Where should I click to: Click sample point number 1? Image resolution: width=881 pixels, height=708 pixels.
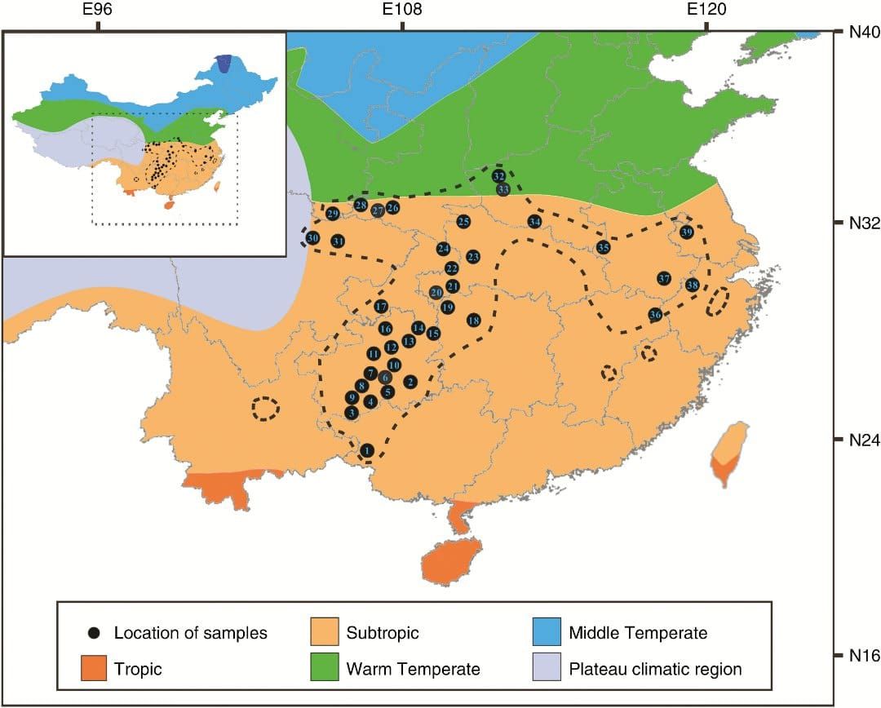367,449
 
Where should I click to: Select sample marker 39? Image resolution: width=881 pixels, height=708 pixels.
686,232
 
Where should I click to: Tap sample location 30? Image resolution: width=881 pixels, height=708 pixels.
312,238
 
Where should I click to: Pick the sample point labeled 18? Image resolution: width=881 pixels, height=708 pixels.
473,321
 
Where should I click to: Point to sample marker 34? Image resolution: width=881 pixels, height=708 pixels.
534,222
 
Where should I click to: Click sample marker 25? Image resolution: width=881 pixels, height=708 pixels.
463,222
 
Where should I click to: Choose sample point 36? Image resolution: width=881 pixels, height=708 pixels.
655,315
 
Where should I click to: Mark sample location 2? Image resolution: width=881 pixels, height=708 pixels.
410,381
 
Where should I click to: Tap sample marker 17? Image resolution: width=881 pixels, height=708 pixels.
381,307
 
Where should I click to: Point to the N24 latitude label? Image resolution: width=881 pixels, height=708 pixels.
857,439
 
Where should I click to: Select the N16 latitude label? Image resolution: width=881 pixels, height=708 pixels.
857,655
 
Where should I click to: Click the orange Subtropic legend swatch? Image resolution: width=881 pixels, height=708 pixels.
325,632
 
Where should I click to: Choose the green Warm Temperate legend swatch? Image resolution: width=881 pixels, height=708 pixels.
325,669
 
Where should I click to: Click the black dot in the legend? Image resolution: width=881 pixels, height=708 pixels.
95,633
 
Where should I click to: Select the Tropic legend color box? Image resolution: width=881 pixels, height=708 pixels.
95,669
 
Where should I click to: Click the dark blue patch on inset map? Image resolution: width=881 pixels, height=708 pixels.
224,64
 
